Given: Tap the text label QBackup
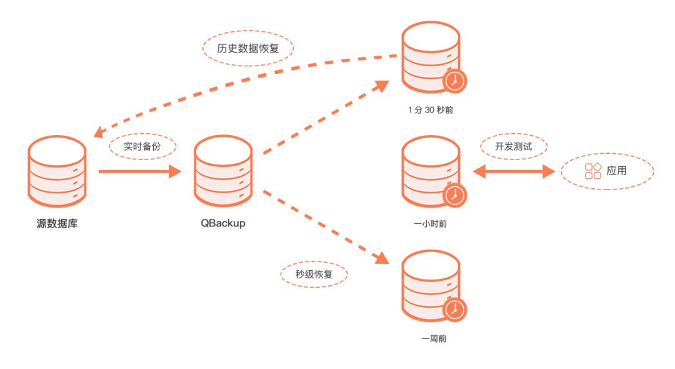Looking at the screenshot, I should (223, 223).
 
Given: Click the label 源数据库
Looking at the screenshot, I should (57, 223).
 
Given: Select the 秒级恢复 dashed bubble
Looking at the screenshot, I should (313, 273).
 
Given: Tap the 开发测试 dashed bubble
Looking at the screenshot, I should (513, 147).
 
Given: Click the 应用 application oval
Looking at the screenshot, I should (607, 170).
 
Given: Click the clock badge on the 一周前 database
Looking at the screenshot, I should (455, 310).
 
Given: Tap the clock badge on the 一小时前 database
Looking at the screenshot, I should (455, 196).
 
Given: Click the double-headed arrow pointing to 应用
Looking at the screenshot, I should (513, 171).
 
